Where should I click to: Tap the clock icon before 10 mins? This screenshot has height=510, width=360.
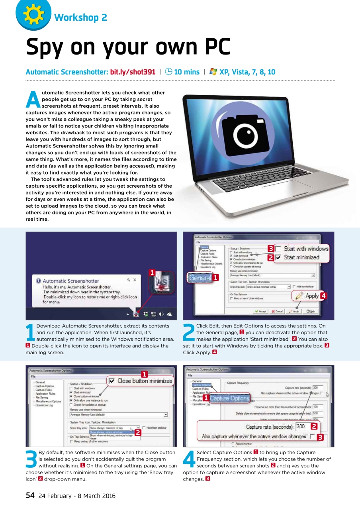168,72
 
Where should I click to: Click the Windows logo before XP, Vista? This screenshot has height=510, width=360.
213,72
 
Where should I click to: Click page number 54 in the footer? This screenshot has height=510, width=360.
30,496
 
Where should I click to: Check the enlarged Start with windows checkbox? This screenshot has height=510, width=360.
279,249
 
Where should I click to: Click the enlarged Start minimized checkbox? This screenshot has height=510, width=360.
279,257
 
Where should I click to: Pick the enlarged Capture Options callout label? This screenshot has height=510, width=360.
229,398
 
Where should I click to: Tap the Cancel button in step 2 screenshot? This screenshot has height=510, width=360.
277,312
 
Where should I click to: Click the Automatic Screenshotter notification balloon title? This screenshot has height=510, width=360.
71,281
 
